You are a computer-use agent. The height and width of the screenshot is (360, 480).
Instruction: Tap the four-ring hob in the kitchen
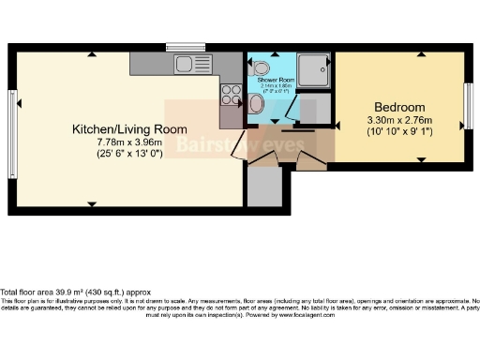coord(228,94)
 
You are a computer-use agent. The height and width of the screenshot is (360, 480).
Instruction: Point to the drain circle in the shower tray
coord(326,67)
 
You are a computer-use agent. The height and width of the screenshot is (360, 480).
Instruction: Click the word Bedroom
coord(398,106)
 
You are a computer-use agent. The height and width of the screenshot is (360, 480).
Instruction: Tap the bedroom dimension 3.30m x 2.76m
coord(398,120)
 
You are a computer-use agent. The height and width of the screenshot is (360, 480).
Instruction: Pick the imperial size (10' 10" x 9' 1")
coord(398,132)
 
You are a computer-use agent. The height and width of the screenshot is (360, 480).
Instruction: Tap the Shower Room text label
coord(276,81)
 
